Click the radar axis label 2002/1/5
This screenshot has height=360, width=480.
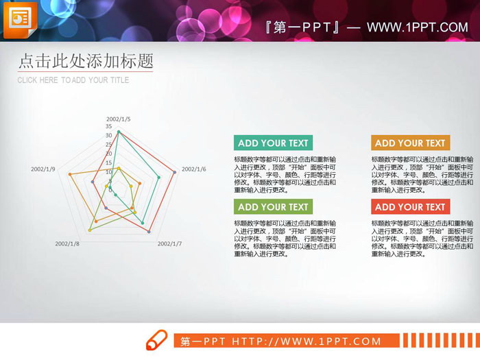click(118, 119)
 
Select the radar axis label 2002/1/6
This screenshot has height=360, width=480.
click(193, 169)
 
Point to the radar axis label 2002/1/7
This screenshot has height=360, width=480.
click(169, 243)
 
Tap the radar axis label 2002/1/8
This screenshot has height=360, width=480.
click(67, 243)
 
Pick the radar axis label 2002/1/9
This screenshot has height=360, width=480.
click(43, 169)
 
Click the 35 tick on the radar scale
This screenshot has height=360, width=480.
click(109, 127)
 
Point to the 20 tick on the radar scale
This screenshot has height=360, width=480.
click(109, 153)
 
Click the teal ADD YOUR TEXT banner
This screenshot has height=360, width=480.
click(273, 143)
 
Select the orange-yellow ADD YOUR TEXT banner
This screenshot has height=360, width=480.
click(410, 143)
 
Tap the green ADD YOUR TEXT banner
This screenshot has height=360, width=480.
click(273, 207)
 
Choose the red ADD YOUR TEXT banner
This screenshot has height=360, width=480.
click(410, 207)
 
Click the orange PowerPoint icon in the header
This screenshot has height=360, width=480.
click(20, 21)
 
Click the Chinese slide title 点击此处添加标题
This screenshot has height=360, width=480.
click(85, 61)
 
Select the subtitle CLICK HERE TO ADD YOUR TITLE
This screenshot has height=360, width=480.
click(73, 80)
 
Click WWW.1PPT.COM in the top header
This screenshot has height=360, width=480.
click(417, 27)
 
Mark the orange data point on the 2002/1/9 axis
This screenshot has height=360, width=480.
click(70, 175)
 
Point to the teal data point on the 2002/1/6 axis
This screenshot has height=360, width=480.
click(159, 178)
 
